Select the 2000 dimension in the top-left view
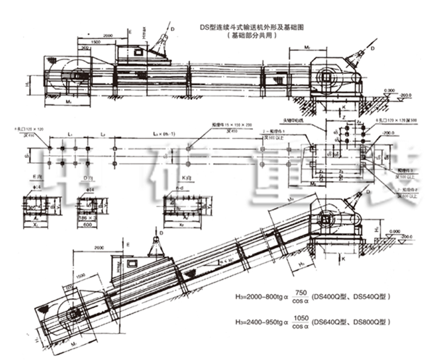tap(109, 35)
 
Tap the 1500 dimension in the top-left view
tap(96, 43)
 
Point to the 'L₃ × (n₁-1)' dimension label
tap(162, 135)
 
